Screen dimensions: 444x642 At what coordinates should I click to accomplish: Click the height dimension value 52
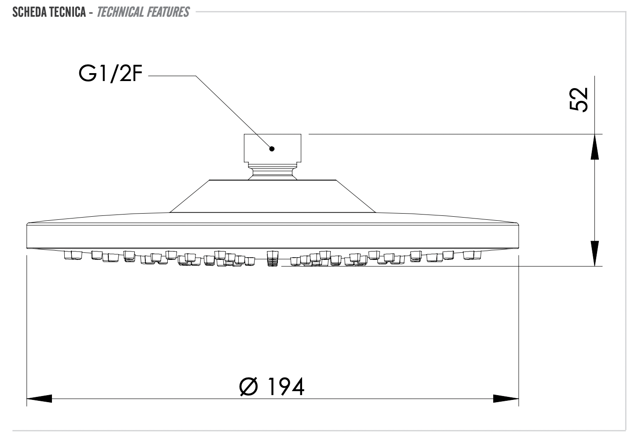coord(579,100)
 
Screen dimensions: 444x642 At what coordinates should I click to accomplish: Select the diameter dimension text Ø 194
coord(272,387)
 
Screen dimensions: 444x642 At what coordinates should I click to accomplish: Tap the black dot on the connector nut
coord(272,149)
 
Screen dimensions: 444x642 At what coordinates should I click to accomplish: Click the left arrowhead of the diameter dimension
coord(39,399)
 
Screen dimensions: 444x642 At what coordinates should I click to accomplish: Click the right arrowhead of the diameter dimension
coord(506,399)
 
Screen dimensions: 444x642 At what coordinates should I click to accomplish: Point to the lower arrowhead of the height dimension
coord(594,254)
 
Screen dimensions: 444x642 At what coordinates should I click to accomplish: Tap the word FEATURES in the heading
coord(168,12)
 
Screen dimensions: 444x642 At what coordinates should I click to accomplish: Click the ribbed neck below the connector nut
coord(273,171)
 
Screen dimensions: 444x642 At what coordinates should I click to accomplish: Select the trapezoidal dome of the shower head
coord(273,196)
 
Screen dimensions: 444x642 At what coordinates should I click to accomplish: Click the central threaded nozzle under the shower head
coord(273,258)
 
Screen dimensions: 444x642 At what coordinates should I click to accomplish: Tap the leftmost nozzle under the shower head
coord(73,255)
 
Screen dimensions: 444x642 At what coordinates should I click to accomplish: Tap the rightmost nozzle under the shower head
coord(472,255)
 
